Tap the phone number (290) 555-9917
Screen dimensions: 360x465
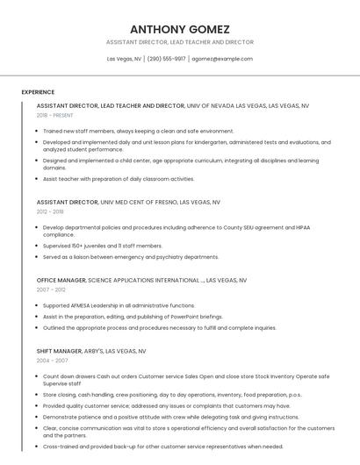167,59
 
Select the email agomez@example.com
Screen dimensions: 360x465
222,59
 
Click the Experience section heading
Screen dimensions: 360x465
38,92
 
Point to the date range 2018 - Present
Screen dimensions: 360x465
55,115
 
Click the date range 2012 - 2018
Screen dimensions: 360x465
50,211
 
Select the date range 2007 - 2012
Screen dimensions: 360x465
51,289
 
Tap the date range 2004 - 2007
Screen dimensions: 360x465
51,360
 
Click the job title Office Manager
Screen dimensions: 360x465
61,280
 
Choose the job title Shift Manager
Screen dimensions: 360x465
59,351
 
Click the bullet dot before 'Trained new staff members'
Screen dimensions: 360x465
37,132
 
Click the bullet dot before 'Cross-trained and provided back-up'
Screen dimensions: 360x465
37,447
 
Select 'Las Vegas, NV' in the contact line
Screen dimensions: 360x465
124,59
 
